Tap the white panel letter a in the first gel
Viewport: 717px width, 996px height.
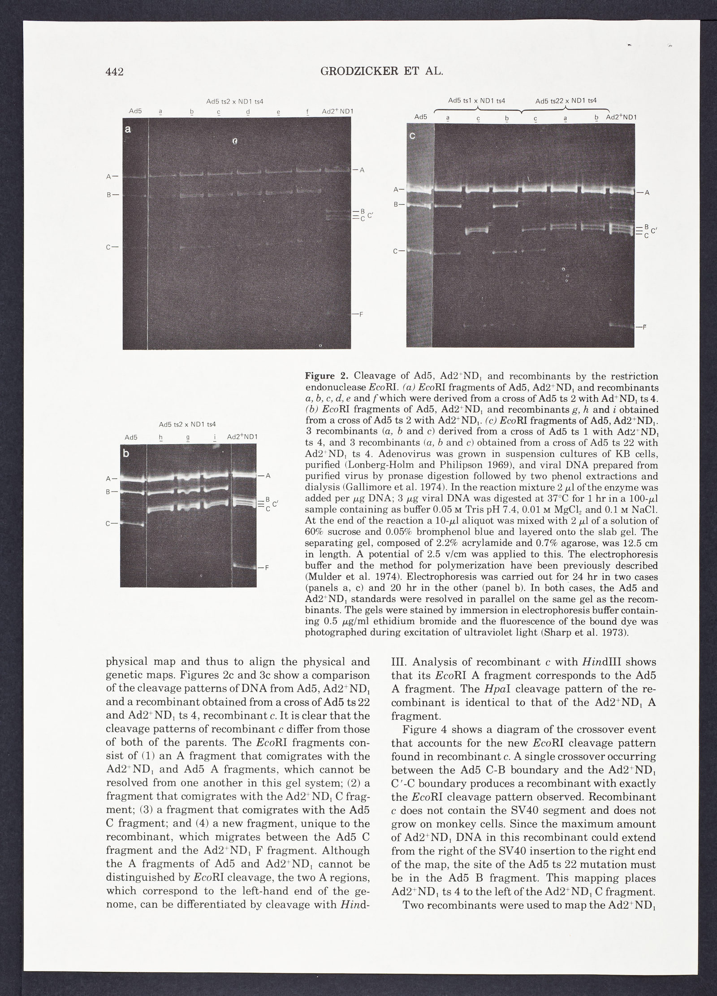(128, 130)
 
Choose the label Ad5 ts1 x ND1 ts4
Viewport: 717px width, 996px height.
(477, 101)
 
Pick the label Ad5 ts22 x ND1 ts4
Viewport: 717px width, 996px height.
(566, 101)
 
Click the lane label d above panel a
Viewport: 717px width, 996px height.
(247, 111)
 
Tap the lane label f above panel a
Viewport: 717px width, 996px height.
(308, 111)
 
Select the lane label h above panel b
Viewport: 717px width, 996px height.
(160, 437)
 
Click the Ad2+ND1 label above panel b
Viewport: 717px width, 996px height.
(242, 437)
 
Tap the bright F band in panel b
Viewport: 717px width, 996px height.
(244, 567)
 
